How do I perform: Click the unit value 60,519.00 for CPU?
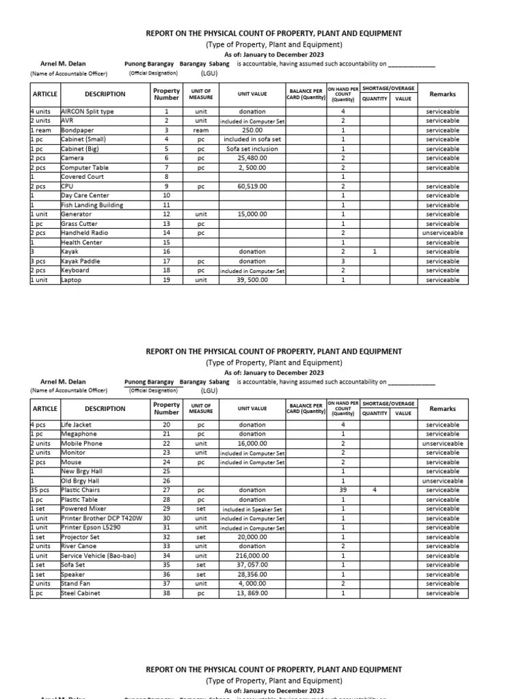point(252,186)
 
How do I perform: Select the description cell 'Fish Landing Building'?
point(92,205)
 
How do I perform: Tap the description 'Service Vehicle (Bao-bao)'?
point(98,556)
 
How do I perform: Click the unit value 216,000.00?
point(252,556)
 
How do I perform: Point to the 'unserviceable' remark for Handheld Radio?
point(442,233)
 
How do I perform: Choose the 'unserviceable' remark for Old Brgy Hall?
point(442,481)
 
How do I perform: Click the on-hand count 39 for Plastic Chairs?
point(342,490)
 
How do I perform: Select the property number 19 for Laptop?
point(166,280)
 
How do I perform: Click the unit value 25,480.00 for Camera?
point(252,158)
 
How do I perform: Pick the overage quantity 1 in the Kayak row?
point(374,252)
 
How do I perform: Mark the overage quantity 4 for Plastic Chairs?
point(374,490)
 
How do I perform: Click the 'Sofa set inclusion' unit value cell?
point(252,149)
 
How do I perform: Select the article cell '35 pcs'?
point(39,490)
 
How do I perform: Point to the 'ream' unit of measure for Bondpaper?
point(200,130)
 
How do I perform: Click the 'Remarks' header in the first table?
point(442,94)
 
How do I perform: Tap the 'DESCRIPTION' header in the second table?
point(105,409)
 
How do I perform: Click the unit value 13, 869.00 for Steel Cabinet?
point(252,593)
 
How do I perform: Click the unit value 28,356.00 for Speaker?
point(252,575)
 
